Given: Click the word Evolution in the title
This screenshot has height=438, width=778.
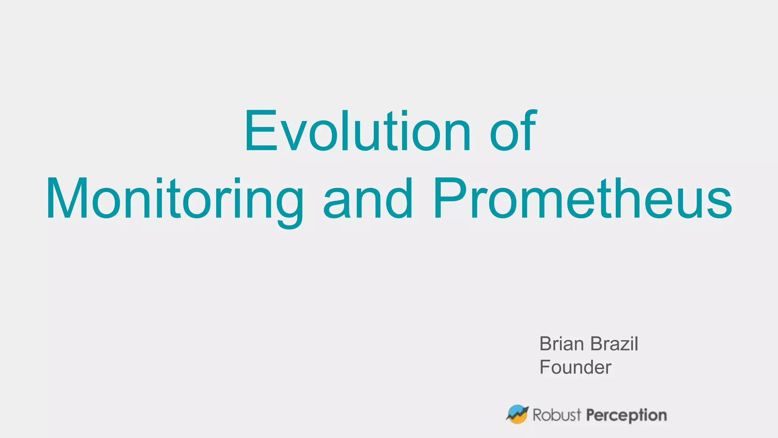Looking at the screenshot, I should [357, 131].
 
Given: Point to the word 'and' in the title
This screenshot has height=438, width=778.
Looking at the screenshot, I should [368, 200].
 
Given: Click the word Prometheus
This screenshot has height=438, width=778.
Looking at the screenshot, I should [582, 200].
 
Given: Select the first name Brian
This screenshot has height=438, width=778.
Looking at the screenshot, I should [561, 344].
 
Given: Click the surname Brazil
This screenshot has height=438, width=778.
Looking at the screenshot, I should [614, 344].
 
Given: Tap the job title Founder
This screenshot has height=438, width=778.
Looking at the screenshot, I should [575, 367].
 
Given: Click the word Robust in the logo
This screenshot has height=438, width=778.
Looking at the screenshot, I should [557, 415].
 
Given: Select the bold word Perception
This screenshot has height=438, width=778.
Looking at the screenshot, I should [626, 415].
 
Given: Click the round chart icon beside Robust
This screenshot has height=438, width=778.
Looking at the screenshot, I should [517, 414].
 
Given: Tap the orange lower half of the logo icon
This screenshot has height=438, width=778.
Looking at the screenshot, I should [519, 419].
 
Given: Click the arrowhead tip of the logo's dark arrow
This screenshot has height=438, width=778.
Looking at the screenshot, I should [527, 408].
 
